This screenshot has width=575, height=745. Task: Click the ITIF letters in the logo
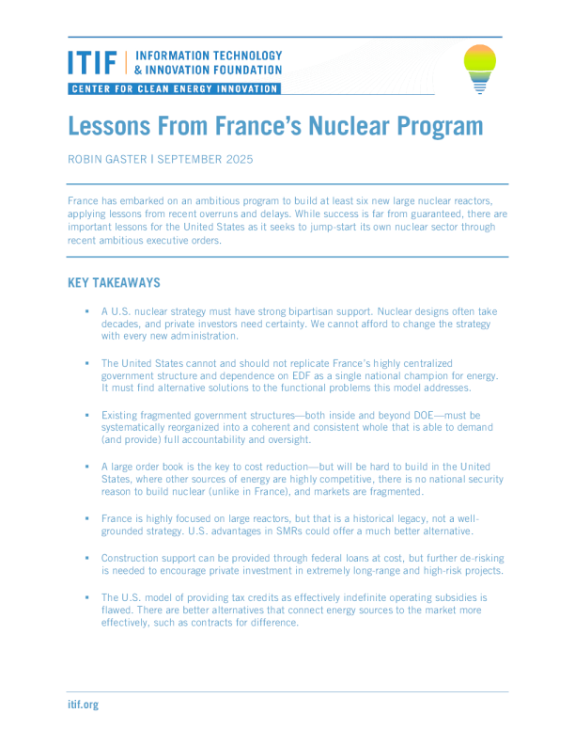point(92,63)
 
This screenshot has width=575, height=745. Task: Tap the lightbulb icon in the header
point(479,68)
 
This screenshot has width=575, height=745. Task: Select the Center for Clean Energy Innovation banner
point(174,88)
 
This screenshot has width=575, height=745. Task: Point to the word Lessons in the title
point(111,126)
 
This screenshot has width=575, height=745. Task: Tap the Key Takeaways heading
point(114,283)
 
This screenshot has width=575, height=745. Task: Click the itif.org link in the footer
point(83,704)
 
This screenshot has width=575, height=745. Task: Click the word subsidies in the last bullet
point(437,597)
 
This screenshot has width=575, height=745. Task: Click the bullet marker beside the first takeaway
point(85,310)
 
